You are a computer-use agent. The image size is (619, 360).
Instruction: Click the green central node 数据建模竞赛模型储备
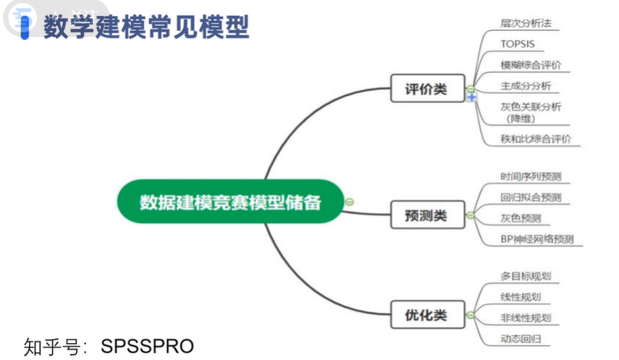230,202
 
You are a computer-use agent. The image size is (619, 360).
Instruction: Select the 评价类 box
426,88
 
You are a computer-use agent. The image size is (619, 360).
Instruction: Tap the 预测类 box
426,215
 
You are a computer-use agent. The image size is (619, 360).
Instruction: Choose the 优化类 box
426,315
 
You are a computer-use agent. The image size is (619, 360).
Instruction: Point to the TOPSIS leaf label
517,44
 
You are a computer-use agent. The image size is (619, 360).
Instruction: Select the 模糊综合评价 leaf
531,65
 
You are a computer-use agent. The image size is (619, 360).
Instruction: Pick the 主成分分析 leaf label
525,86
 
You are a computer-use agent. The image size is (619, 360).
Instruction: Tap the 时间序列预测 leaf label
531,176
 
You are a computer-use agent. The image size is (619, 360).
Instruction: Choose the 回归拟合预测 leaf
531,197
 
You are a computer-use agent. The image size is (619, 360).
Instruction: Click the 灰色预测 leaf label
521,218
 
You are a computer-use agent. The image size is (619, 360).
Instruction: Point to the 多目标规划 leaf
525,276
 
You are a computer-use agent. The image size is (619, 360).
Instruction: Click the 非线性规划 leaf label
525,318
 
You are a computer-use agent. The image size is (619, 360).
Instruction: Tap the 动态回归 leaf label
521,338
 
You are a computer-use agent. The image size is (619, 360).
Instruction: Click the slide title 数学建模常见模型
146,27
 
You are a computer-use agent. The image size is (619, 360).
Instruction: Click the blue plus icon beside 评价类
472,98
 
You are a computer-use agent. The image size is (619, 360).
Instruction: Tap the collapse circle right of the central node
349,202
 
